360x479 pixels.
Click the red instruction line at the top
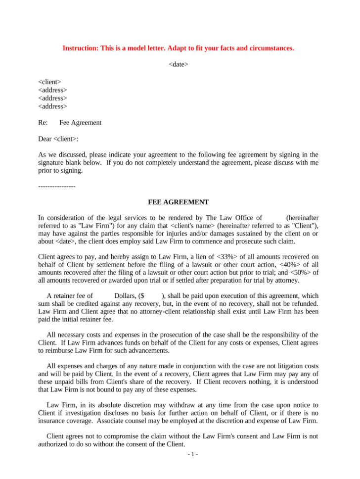(178, 48)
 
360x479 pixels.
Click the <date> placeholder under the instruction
(178, 64)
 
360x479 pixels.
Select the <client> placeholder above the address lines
(49, 82)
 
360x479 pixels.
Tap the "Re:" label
(43, 123)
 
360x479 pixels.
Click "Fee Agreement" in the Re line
(80, 123)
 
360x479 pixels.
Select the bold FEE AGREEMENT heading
(178, 202)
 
